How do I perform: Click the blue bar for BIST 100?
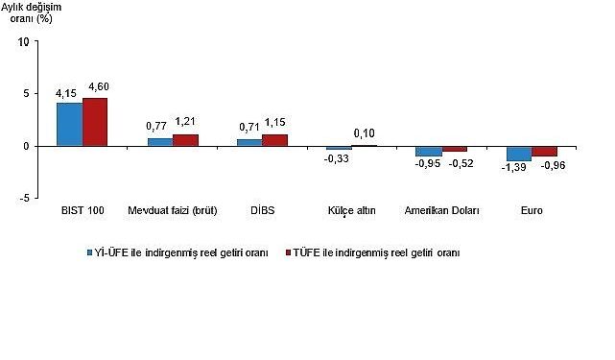[69, 124]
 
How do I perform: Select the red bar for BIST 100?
[95, 122]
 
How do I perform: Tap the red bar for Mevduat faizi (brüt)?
[185, 140]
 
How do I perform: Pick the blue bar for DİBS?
[248, 143]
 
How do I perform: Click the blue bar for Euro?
[519, 154]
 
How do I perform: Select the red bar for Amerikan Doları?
[455, 149]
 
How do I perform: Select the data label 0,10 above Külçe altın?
[365, 132]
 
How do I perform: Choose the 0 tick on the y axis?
[26, 146]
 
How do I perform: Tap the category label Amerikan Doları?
[441, 209]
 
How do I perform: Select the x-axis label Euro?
[532, 209]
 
